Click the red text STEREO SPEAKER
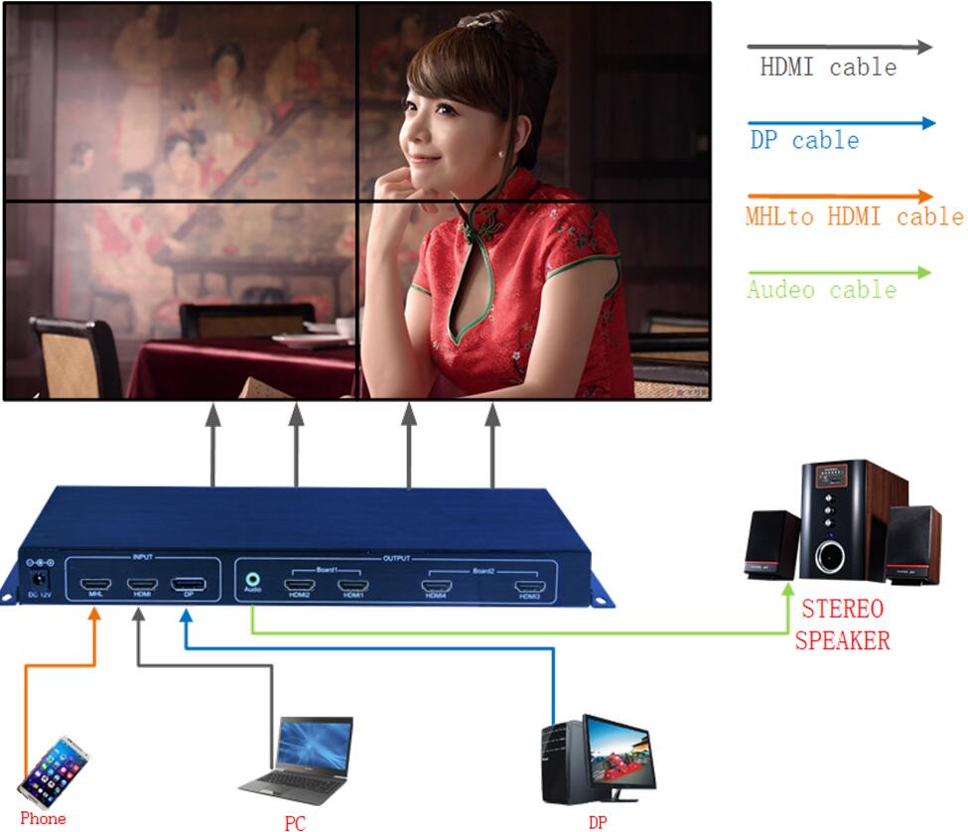[841, 624]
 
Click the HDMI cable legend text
[827, 68]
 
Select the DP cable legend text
[804, 141]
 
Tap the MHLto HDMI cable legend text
[854, 216]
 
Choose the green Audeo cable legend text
[821, 290]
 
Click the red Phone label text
[43, 819]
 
